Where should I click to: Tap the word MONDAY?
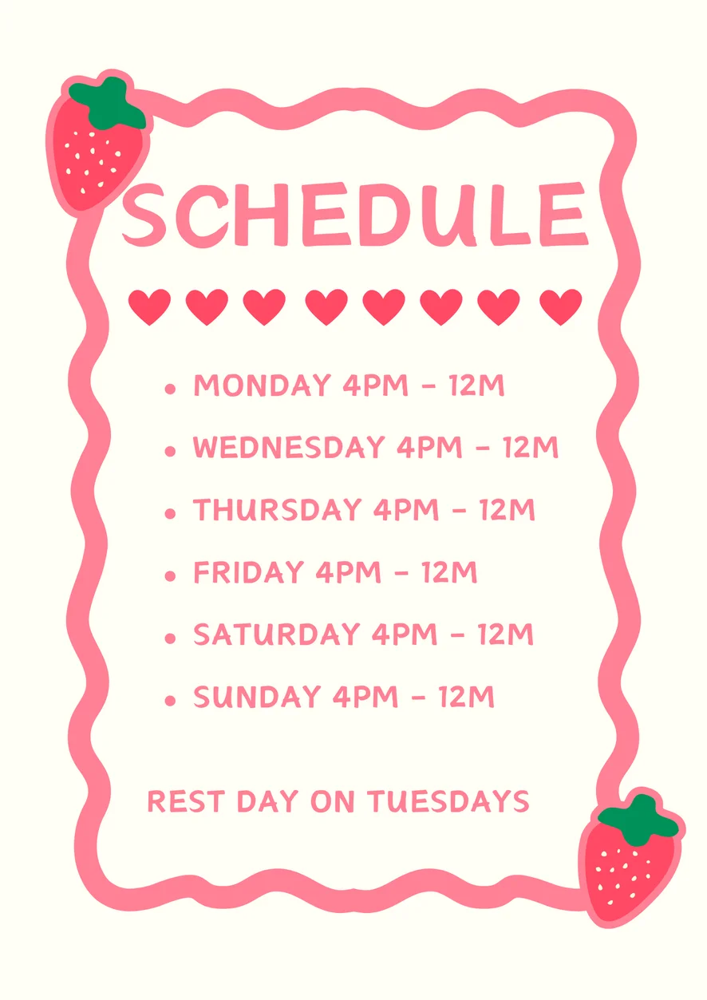coord(263,385)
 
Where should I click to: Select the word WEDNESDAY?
coord(289,447)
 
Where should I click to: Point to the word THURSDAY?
coord(277,509)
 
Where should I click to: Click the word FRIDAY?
coord(249,572)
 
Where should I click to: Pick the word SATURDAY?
coord(277,634)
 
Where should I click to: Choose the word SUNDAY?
coord(257,697)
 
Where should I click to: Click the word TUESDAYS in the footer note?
coord(449,801)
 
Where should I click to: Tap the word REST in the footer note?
coord(186,801)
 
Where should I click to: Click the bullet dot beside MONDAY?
coord(170,389)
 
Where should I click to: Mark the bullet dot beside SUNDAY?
coord(170,700)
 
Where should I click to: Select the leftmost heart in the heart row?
coord(149,306)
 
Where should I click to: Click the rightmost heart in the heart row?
coord(561,306)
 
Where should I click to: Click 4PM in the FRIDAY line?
coord(349,572)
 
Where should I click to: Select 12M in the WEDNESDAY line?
coord(531,447)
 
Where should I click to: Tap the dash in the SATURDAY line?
coord(457,634)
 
